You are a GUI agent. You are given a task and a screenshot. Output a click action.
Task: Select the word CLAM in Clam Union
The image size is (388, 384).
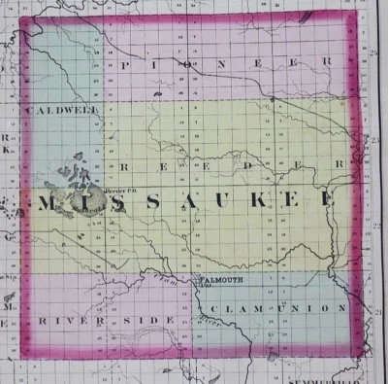(232, 309)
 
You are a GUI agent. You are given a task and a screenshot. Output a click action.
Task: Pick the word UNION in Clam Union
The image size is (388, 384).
(315, 308)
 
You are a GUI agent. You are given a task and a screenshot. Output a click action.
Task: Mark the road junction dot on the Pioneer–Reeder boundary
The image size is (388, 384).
(274, 99)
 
